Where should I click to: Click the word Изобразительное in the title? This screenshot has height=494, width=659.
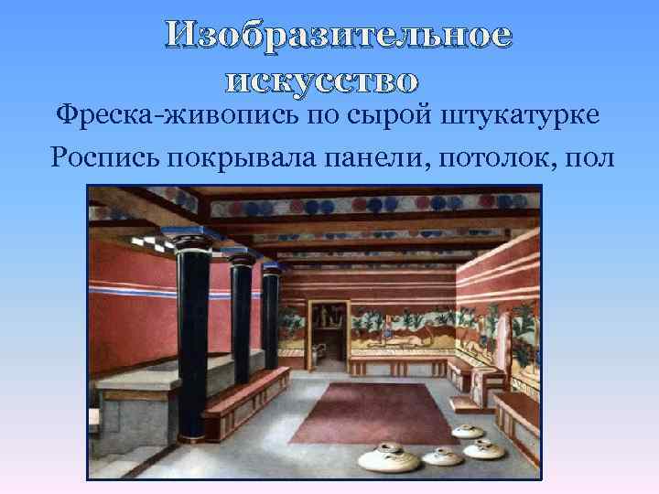tap(339, 38)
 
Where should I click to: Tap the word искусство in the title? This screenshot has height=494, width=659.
tap(321, 81)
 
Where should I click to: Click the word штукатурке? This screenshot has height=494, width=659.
tap(522, 116)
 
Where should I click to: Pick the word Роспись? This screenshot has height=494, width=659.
tap(107, 156)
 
